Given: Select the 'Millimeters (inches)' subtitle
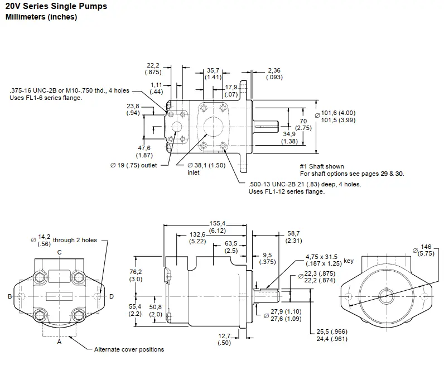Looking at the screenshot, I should [x=41, y=17].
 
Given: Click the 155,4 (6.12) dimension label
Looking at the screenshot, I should [x=216, y=227].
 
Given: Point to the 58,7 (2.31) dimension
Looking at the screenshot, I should [x=293, y=237].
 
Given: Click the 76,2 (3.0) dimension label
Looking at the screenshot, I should [x=136, y=275].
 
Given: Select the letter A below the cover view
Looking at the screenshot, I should [x=59, y=342].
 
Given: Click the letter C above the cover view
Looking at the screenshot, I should [x=59, y=252].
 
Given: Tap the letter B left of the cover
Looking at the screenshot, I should [x=9, y=296].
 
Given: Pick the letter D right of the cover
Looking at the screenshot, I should [x=111, y=296].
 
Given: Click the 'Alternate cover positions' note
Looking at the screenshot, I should [x=129, y=350].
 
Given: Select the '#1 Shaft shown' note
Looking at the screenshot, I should [x=322, y=166].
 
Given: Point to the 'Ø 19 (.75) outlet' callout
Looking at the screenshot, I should [x=134, y=165].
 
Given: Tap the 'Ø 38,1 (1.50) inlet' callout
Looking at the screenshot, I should [x=209, y=169].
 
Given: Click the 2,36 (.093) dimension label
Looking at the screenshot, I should [x=275, y=74].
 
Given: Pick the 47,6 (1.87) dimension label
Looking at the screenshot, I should [x=144, y=151].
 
